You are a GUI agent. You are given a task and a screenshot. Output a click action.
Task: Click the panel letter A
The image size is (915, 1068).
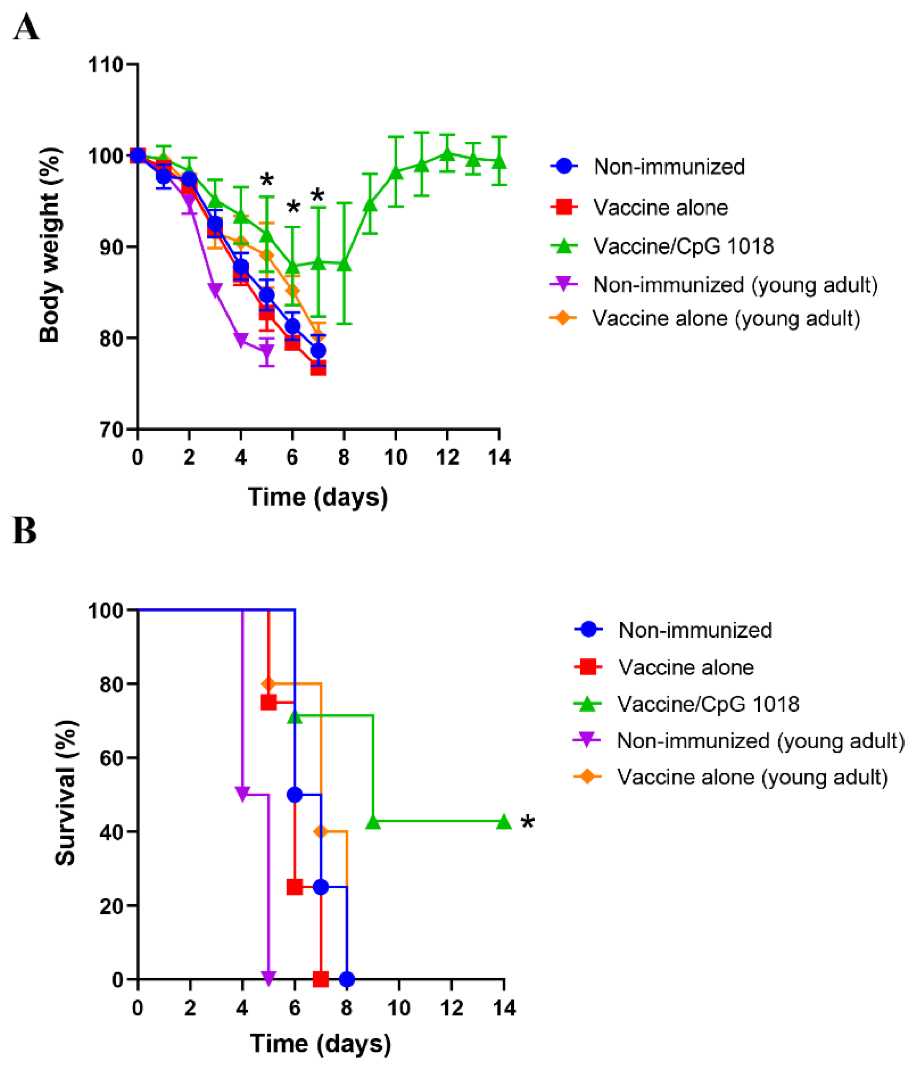pyautogui.click(x=26, y=28)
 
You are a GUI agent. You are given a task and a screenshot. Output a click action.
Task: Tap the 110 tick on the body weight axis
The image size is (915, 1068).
pyautogui.click(x=106, y=65)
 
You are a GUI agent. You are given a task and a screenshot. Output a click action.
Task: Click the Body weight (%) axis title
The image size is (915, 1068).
pyautogui.click(x=51, y=245)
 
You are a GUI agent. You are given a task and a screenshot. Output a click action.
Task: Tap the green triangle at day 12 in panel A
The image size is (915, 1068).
pyautogui.click(x=447, y=153)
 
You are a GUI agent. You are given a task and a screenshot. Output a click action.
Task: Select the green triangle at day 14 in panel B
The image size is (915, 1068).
pyautogui.click(x=503, y=822)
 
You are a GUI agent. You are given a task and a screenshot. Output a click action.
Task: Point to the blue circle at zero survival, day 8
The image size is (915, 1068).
pyautogui.click(x=347, y=979)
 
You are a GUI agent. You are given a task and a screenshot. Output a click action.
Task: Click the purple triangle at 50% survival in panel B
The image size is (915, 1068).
pyautogui.click(x=242, y=794)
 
